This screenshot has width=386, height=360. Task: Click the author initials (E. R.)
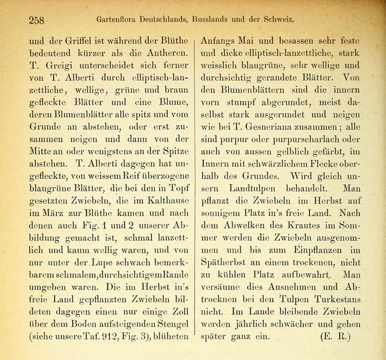coord(335,335)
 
